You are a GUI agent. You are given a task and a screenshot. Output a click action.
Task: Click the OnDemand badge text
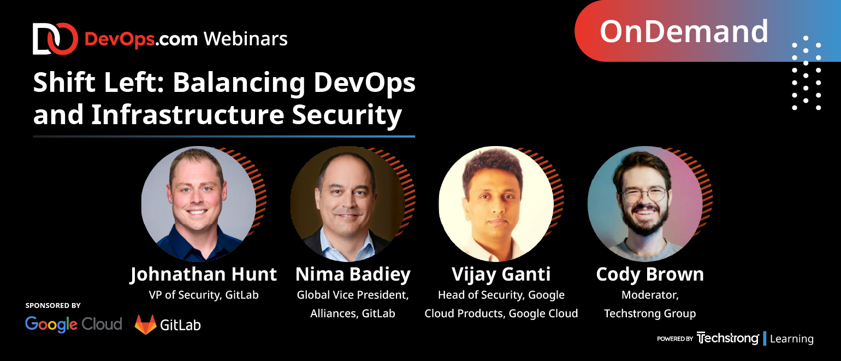pos(684,32)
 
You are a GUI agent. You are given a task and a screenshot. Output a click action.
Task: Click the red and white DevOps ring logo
pos(55,39)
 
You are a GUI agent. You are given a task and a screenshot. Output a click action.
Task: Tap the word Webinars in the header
pos(246,39)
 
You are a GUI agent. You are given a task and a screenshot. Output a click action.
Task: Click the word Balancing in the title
pos(239,84)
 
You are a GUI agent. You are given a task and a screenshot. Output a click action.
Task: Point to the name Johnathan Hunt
pos(203,275)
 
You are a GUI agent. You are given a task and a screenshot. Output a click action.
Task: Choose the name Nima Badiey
pos(353,275)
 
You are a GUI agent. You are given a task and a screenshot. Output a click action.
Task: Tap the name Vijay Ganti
pos(501,275)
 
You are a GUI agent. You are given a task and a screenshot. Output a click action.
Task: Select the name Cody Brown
pos(650,275)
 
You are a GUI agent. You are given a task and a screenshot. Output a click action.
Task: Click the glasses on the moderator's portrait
pos(644,195)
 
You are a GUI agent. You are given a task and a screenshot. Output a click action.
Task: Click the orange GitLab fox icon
pos(146,324)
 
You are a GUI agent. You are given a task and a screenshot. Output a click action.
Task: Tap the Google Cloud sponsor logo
pos(74,324)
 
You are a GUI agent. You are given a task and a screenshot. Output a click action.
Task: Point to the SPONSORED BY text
pos(53,305)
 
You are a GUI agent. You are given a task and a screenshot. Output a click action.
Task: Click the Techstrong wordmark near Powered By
pos(727,338)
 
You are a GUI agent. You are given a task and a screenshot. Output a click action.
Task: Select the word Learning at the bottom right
pos(792,339)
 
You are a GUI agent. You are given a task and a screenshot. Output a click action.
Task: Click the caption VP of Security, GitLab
pos(204,295)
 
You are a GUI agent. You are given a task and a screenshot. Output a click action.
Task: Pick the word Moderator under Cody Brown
pos(650,295)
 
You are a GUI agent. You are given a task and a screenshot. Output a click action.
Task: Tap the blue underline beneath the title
pos(224,136)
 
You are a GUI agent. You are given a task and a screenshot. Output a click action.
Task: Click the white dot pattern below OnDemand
pos(806,73)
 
